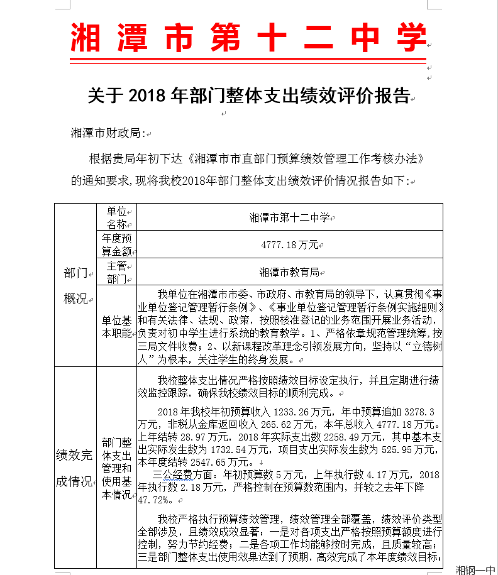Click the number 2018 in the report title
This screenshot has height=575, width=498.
pyautogui.click(x=148, y=96)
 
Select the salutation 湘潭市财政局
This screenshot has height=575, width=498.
pyautogui.click(x=108, y=133)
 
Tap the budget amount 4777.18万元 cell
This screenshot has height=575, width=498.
pyautogui.click(x=289, y=244)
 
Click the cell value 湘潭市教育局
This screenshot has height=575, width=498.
pyautogui.click(x=289, y=272)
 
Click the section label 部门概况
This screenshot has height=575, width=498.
pyautogui.click(x=75, y=285)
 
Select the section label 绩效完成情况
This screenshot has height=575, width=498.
pyautogui.click(x=75, y=468)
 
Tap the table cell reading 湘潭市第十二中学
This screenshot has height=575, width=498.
pyautogui.click(x=289, y=217)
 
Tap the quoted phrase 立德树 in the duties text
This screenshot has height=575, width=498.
pyautogui.click(x=423, y=348)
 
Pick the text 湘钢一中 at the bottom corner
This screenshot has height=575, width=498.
pyautogui.click(x=476, y=569)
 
